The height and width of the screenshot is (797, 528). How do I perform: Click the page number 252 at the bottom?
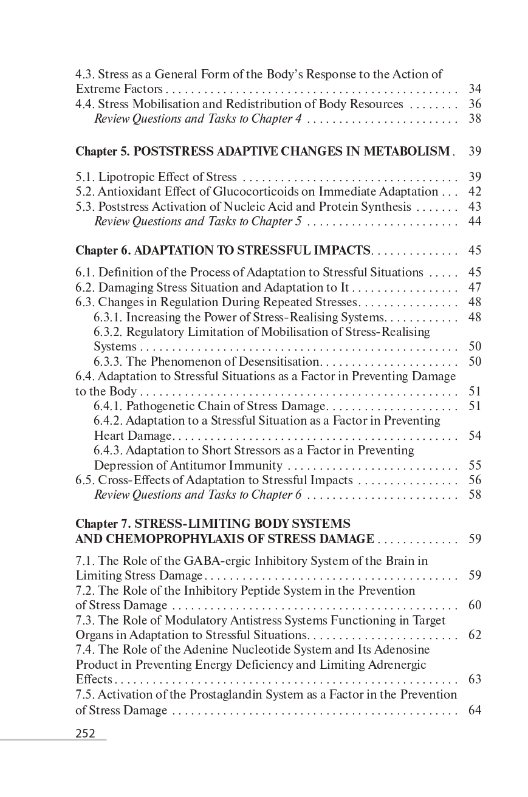point(86,733)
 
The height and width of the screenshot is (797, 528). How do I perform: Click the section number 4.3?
point(85,75)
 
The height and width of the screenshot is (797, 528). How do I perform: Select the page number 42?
point(475,192)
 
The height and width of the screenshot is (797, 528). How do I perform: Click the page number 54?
point(475,436)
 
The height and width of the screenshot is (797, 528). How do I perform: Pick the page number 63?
point(475,679)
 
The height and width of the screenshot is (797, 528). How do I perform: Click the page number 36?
point(475,104)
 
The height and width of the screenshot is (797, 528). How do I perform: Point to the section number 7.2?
point(85,590)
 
